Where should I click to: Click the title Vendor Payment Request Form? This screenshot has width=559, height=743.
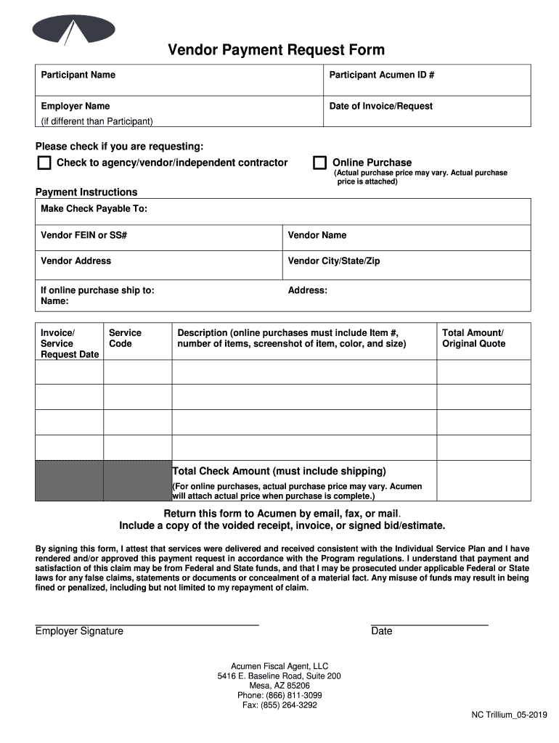[x=277, y=50]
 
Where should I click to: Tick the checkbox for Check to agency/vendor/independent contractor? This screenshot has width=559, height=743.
[x=44, y=163]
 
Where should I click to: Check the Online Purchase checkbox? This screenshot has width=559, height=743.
[x=319, y=163]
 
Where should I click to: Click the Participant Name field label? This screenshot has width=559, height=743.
[x=78, y=75]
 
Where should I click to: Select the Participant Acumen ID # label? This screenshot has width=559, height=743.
[x=381, y=75]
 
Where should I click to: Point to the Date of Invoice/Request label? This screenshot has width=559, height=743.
[x=380, y=106]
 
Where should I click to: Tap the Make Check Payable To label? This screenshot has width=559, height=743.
[x=94, y=208]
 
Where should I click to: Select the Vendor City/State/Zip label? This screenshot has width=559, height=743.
[x=333, y=260]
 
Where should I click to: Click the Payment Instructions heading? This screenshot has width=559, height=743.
[x=86, y=192]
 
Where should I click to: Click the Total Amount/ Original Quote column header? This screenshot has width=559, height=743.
[x=473, y=338]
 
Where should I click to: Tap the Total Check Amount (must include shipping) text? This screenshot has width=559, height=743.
[x=279, y=471]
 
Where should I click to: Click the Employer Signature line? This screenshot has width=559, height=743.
[x=147, y=623]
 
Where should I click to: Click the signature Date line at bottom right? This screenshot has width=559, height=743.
[x=429, y=623]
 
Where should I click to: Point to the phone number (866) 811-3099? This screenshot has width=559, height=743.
[x=279, y=695]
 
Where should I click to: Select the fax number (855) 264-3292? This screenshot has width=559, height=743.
[x=279, y=705]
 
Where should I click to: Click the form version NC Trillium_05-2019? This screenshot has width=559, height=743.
[x=509, y=715]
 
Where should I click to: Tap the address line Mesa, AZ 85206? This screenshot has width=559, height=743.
[x=279, y=685]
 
